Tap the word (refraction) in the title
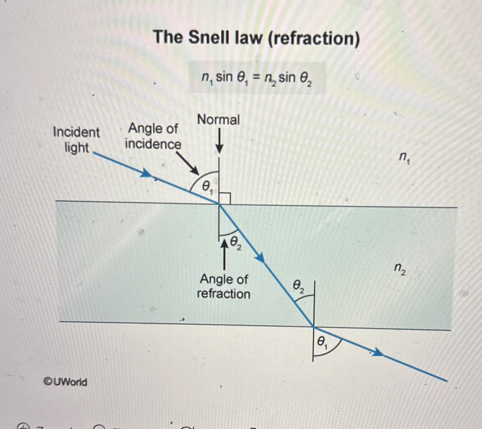pos(314,38)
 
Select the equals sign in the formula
pos(255,77)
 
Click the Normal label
pos(218,120)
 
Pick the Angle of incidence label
pos(153,136)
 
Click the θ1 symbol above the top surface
pos(207,186)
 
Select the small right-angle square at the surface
pos(225,198)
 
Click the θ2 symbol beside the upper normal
pos(235,242)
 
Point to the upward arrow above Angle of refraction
pos(225,255)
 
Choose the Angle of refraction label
pos(224,286)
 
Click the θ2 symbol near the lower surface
pos(298,286)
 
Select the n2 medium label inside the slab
pos(400,268)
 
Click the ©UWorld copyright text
pos(65,382)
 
